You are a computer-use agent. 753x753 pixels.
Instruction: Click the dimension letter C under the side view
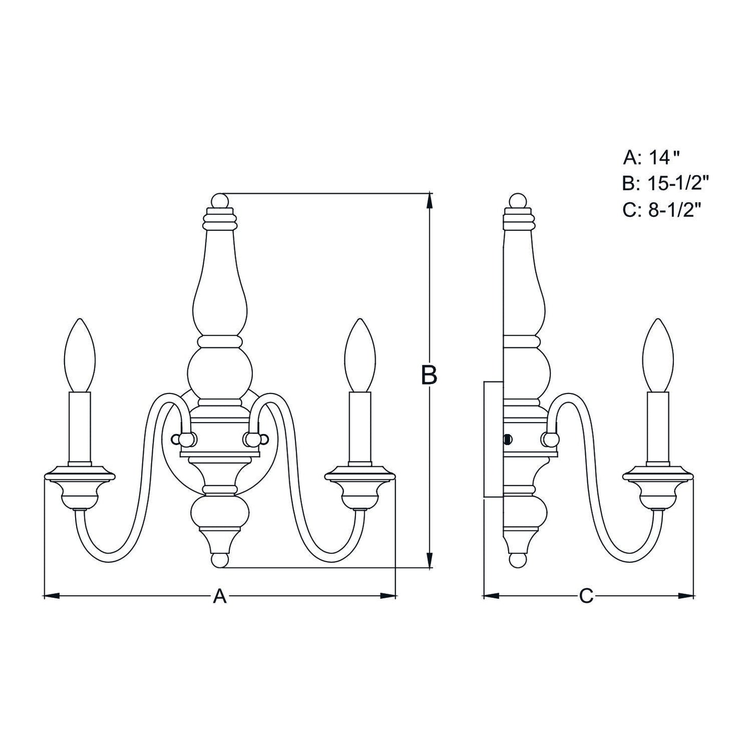tap(586, 607)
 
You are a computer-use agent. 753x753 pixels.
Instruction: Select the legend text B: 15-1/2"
tap(665, 183)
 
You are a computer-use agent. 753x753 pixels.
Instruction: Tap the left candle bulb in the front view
tap(80, 355)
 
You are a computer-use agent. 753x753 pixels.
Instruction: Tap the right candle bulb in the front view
tap(360, 355)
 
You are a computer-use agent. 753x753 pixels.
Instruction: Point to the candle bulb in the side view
tap(659, 355)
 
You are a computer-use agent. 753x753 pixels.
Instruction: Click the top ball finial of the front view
tap(219, 201)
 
